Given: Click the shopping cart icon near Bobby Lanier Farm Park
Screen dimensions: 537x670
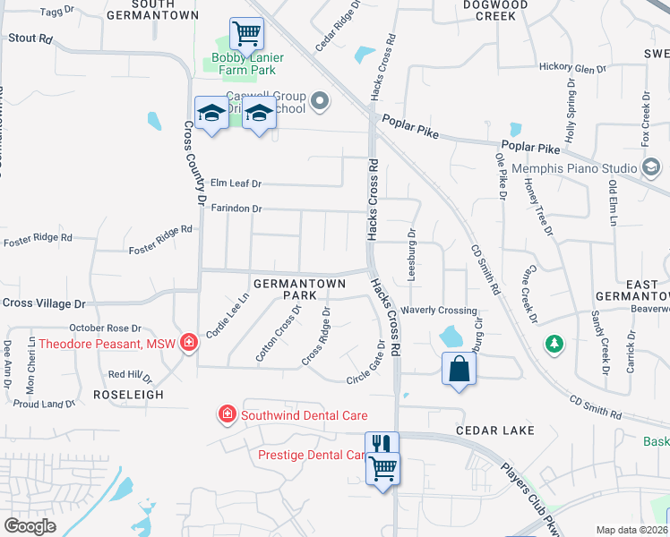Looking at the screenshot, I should [246, 34].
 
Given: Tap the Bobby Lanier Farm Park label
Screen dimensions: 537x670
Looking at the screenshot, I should [248, 64].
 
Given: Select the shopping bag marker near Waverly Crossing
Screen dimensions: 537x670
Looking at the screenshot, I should [459, 369].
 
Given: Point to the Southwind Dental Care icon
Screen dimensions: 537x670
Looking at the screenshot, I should [228, 414].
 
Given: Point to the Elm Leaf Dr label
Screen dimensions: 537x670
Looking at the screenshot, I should [235, 183].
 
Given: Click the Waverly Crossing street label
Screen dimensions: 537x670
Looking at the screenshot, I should [439, 311].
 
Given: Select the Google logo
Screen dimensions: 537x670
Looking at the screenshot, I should [30, 526].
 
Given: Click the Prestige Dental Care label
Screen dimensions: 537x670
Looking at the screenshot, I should [312, 455].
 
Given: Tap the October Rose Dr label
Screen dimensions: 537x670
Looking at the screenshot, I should [107, 328].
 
